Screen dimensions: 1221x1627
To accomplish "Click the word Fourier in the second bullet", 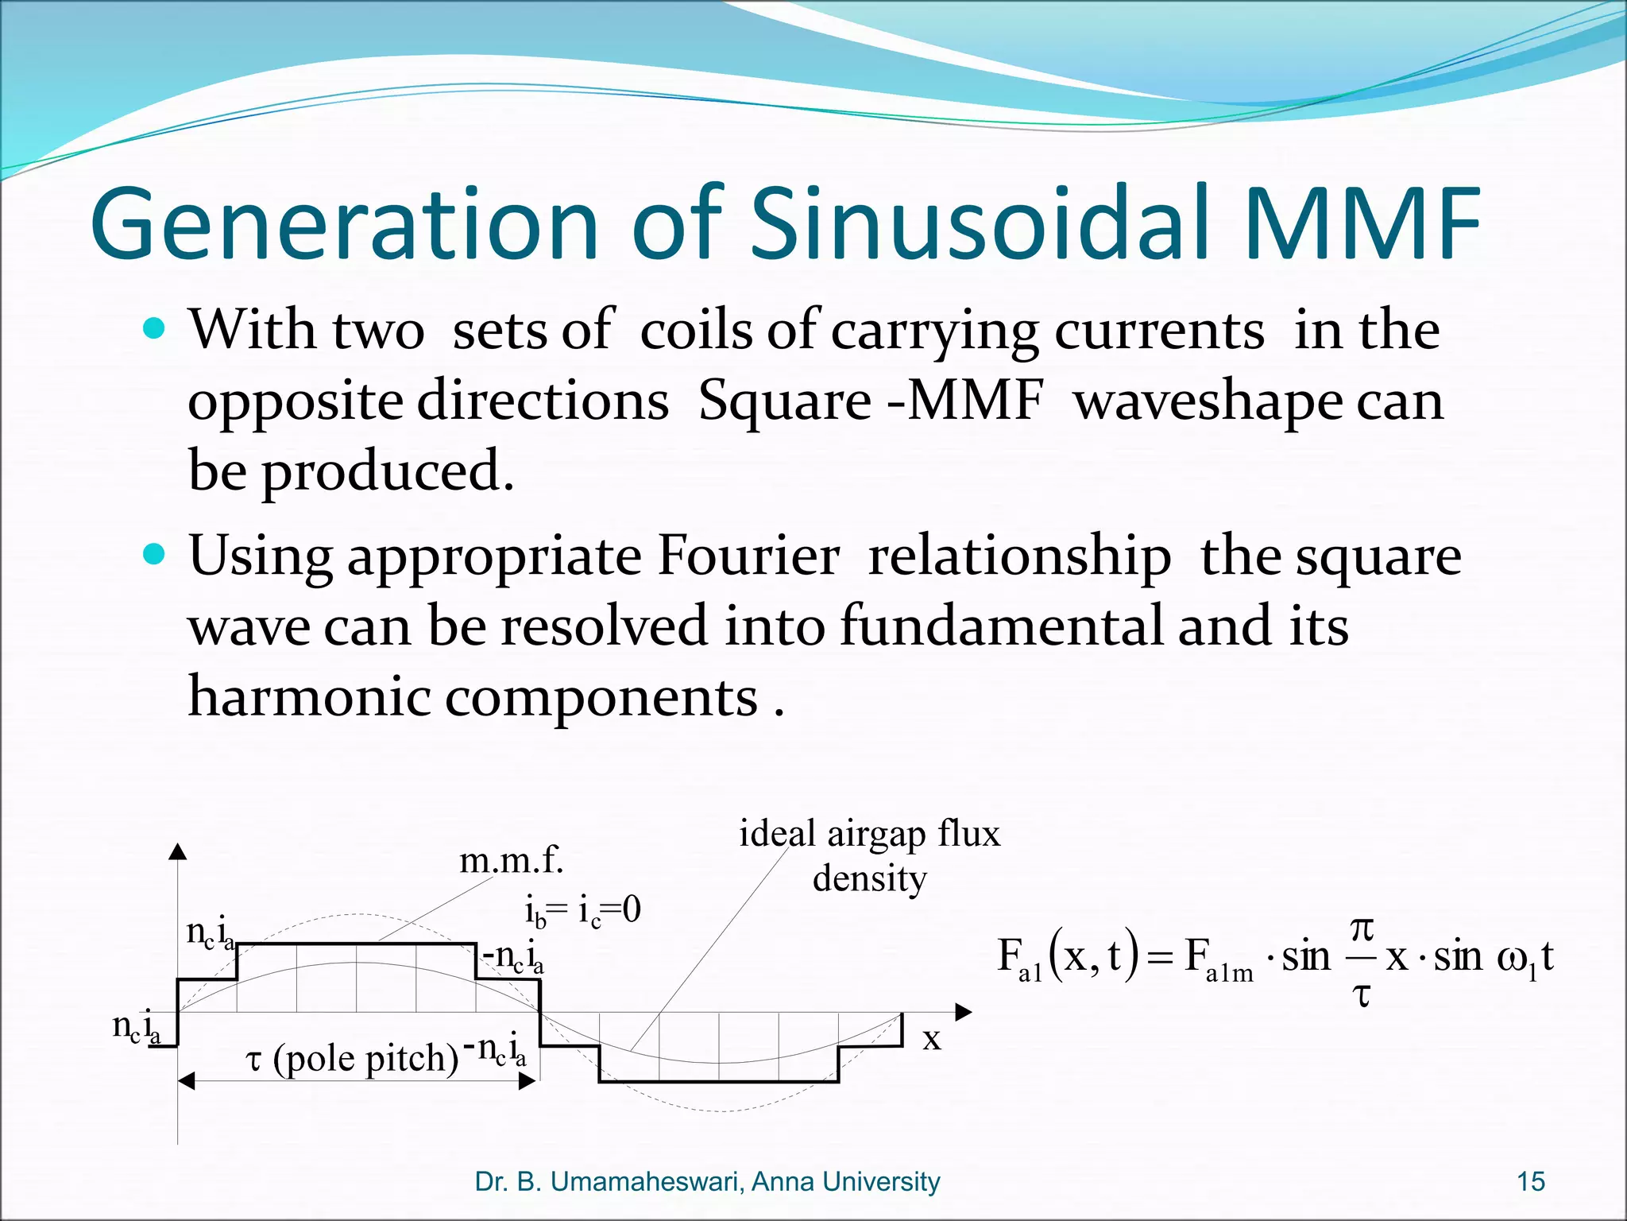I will (748, 556).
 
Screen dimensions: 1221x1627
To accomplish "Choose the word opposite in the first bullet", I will (294, 401).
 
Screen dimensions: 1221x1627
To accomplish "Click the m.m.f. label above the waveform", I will (512, 861).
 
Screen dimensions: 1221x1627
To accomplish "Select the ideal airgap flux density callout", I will (870, 856).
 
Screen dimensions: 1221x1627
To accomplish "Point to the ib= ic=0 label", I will (582, 910).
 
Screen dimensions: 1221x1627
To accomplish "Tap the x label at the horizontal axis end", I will (932, 1038).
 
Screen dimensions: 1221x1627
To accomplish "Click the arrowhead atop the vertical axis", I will (178, 851).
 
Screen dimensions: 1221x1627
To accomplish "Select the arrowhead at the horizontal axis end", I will (963, 1012).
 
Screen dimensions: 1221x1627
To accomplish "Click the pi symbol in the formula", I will (1362, 928).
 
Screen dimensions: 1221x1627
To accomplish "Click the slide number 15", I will (1531, 1182).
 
